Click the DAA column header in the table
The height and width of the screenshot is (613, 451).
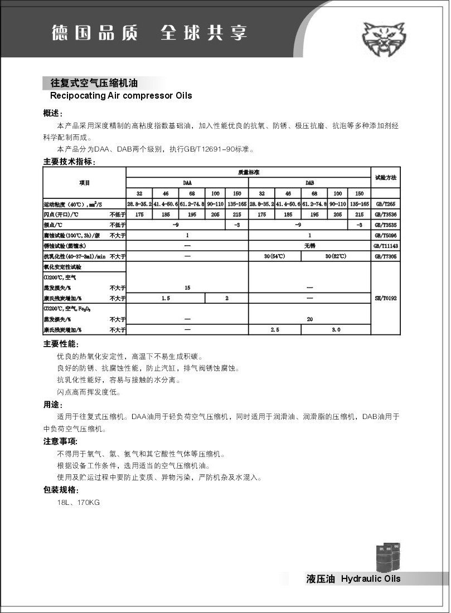(187, 182)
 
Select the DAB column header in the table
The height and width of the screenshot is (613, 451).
(310, 182)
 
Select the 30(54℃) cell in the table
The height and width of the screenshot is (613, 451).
(274, 256)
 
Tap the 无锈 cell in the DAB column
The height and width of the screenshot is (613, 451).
(310, 246)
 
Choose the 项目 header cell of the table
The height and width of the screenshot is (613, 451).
(85, 182)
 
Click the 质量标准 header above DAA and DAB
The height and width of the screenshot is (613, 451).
(249, 172)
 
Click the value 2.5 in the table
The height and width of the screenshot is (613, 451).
(274, 330)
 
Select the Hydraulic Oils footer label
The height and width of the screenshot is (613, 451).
(370, 578)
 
